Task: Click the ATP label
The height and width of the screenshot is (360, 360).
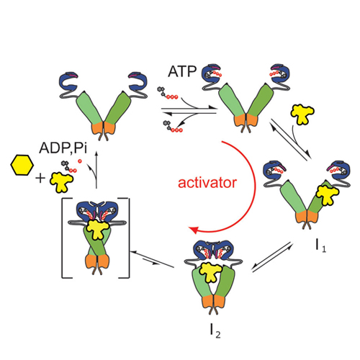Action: coord(182,71)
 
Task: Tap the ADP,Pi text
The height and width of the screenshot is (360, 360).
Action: coord(63,148)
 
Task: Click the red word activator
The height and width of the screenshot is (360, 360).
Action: coord(207,183)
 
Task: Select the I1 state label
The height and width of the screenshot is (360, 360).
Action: coord(321,246)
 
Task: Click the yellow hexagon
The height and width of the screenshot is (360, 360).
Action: coord(22,165)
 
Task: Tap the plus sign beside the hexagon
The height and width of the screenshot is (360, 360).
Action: coord(40,179)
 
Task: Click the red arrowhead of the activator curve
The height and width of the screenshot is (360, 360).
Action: coord(194,230)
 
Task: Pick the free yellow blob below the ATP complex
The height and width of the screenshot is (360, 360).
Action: coord(302,114)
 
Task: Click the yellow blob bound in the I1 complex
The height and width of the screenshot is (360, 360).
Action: coord(327,195)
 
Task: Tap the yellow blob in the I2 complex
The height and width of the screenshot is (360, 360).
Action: coord(211,272)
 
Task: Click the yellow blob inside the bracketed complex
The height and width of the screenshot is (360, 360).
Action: coord(98,229)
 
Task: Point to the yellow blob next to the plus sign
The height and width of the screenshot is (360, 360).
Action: coord(61,182)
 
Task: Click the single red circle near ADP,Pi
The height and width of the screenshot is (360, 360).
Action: coord(80,161)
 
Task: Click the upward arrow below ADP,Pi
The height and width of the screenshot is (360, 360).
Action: coord(96,169)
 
